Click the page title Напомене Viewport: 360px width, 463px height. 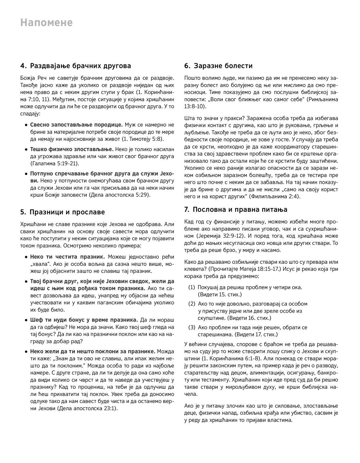pos(46,23)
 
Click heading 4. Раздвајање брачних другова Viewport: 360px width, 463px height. pos(76,66)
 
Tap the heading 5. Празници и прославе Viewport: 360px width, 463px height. pos(63,212)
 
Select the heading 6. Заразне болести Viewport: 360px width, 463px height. pos(218,66)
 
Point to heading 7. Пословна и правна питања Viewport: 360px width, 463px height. pos(235,209)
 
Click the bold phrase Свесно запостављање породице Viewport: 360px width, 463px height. pos(76,125)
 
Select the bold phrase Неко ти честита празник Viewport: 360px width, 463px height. pos(67,257)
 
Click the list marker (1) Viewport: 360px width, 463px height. pos(192,287)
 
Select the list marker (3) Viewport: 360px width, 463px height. pos(192,327)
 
